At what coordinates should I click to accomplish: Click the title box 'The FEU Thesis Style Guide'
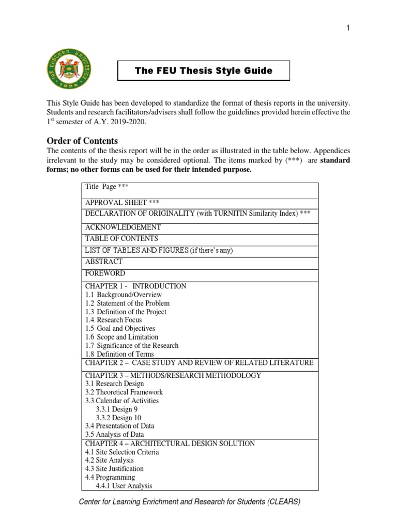[204, 70]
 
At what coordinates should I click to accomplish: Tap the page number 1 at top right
[348, 28]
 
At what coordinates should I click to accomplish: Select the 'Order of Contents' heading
[82, 141]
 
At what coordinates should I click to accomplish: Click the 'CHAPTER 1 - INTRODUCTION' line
[136, 286]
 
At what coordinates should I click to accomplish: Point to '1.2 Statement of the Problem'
[127, 303]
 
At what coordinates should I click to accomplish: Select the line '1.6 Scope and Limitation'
[122, 337]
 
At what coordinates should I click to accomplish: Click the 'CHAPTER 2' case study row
[199, 363]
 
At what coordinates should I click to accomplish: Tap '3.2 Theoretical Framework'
[124, 392]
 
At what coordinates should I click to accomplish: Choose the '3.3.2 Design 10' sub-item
[118, 418]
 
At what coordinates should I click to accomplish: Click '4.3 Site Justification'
[114, 469]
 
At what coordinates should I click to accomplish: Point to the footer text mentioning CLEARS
[190, 502]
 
